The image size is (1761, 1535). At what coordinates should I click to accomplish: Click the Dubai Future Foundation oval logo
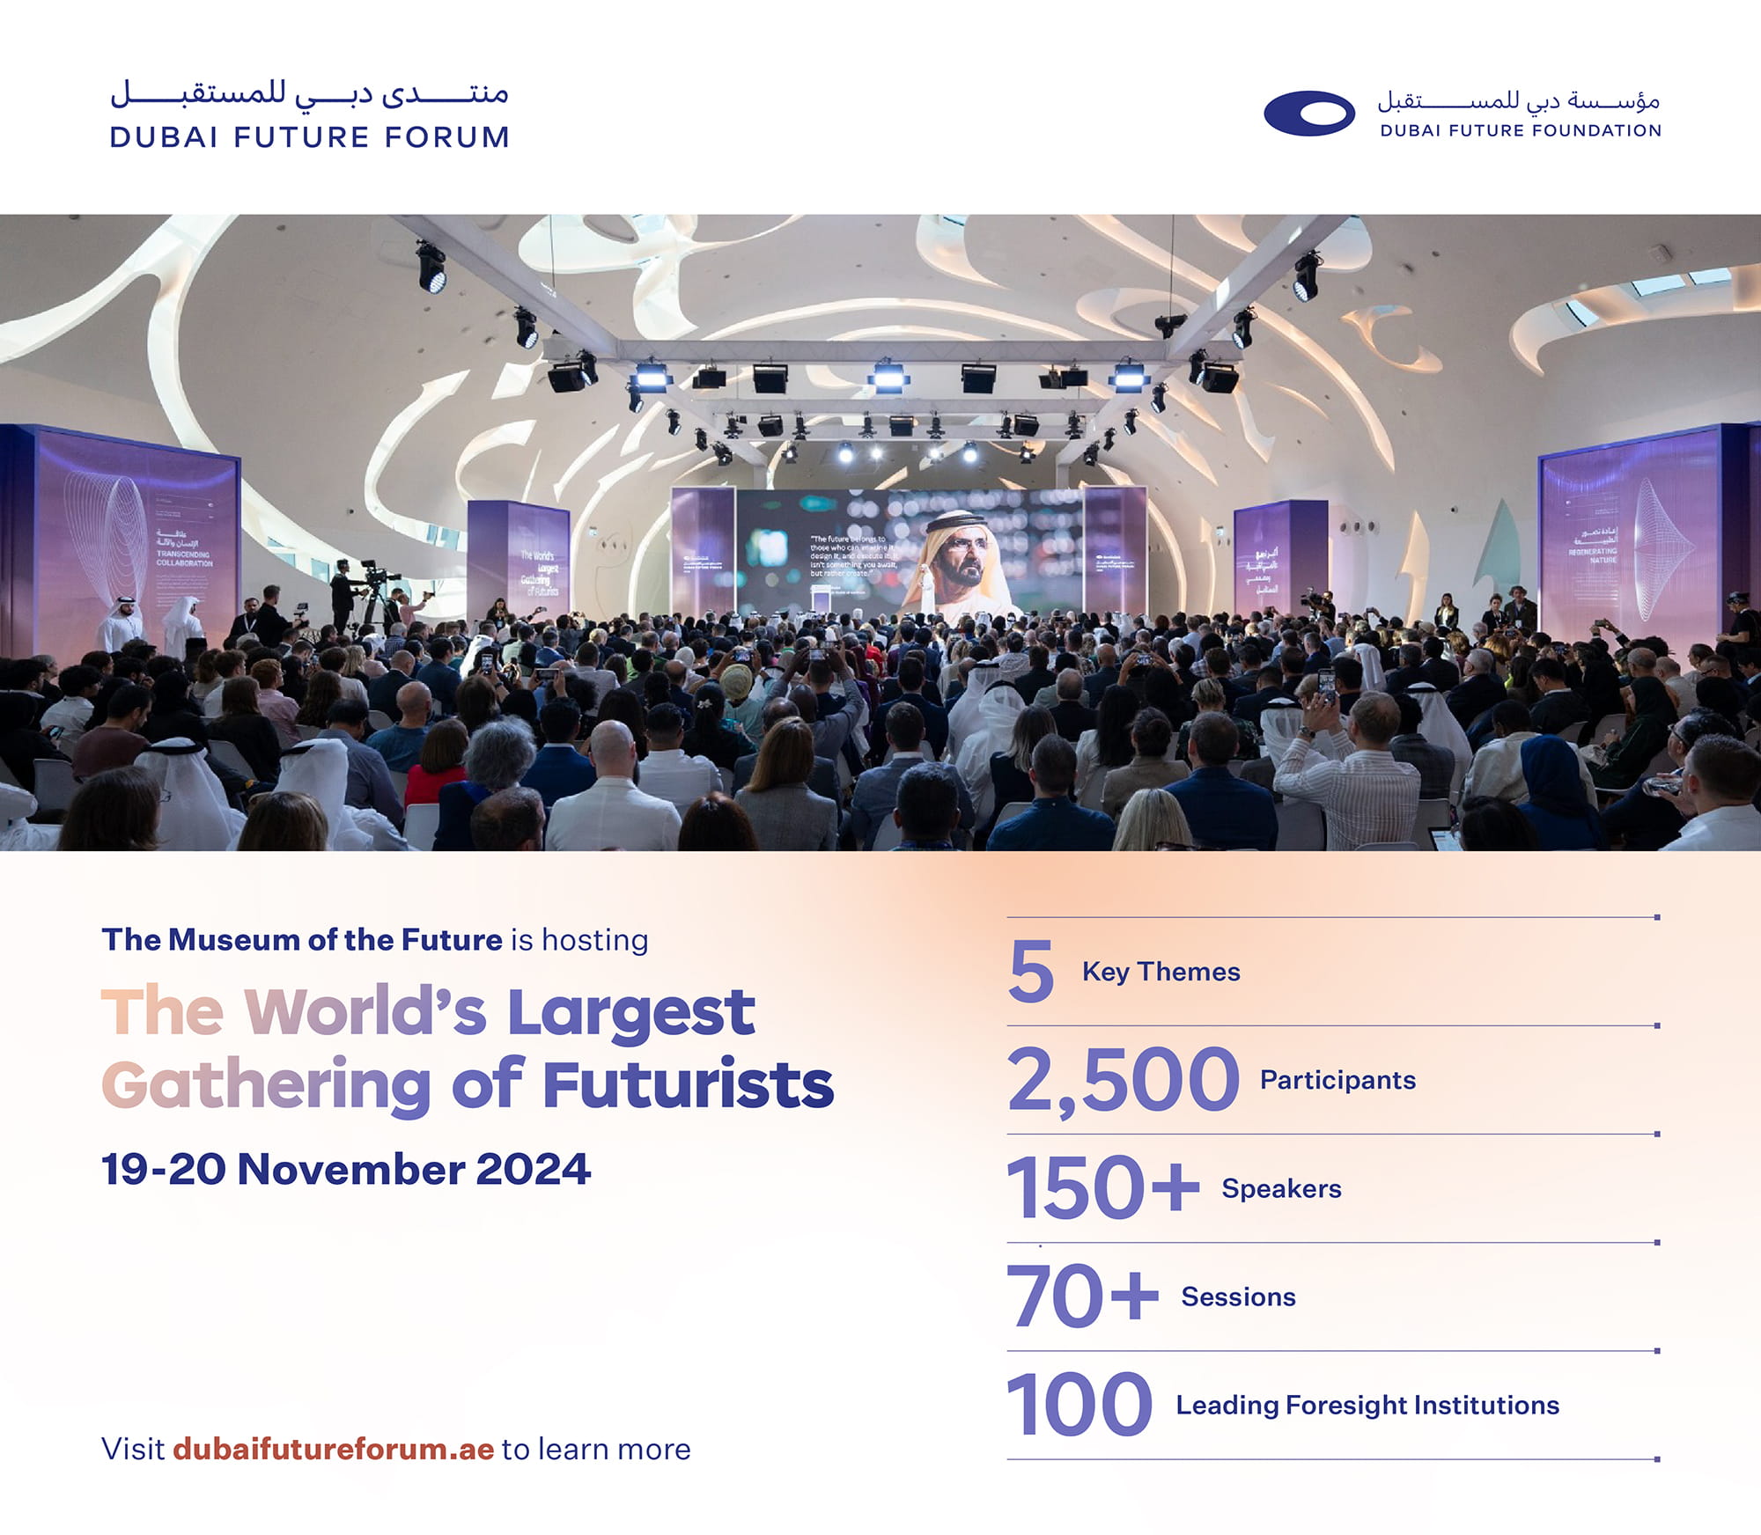(x=1308, y=114)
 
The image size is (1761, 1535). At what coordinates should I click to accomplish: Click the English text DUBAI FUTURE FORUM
(x=310, y=137)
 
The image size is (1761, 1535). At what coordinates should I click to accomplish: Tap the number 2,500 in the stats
(x=1123, y=1080)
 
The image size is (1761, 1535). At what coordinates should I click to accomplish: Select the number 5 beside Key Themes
(x=1031, y=972)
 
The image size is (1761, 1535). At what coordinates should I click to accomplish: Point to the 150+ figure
(x=1102, y=1188)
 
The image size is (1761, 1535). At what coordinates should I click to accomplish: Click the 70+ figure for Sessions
(x=1082, y=1296)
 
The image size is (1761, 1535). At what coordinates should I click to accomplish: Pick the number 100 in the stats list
(x=1079, y=1405)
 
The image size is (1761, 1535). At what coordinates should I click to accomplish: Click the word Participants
(x=1337, y=1080)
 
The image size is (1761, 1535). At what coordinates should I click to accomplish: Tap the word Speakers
(x=1281, y=1188)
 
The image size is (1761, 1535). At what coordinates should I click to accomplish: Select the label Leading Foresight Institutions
(x=1367, y=1405)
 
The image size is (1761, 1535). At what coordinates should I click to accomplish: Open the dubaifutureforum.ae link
(x=333, y=1449)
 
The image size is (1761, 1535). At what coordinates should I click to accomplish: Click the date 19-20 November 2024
(x=346, y=1170)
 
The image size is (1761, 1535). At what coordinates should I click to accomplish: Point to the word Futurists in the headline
(x=688, y=1085)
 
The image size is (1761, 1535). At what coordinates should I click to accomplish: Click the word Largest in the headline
(x=630, y=1012)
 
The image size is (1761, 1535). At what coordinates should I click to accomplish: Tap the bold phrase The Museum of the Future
(x=302, y=940)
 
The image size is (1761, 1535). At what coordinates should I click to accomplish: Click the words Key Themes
(x=1160, y=972)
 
